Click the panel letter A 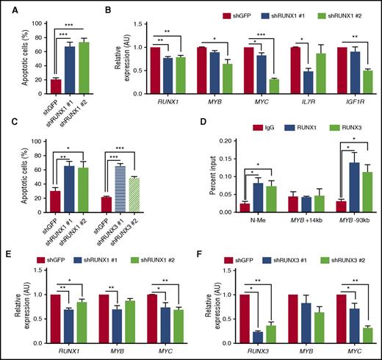click(x=6, y=7)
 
